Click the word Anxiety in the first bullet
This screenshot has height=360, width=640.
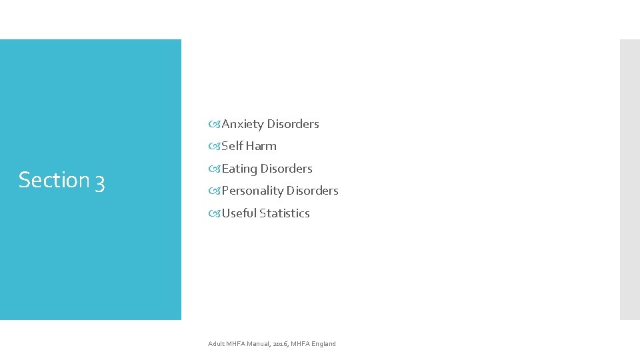[243, 124]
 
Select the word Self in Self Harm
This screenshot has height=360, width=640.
[232, 146]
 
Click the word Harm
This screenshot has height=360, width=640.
[261, 146]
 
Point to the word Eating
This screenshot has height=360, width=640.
[239, 169]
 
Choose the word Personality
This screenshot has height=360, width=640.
[252, 191]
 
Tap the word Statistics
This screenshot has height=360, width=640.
[285, 213]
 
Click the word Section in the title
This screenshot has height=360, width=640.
[53, 180]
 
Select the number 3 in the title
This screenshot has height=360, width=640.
[99, 181]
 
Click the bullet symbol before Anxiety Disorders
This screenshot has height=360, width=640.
[215, 124]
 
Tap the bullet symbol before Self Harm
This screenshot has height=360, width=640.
[215, 146]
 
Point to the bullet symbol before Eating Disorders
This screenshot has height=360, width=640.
[215, 169]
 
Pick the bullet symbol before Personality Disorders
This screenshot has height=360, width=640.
[215, 191]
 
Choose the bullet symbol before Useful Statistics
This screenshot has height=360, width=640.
[215, 213]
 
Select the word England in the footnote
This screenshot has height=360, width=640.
[323, 344]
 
